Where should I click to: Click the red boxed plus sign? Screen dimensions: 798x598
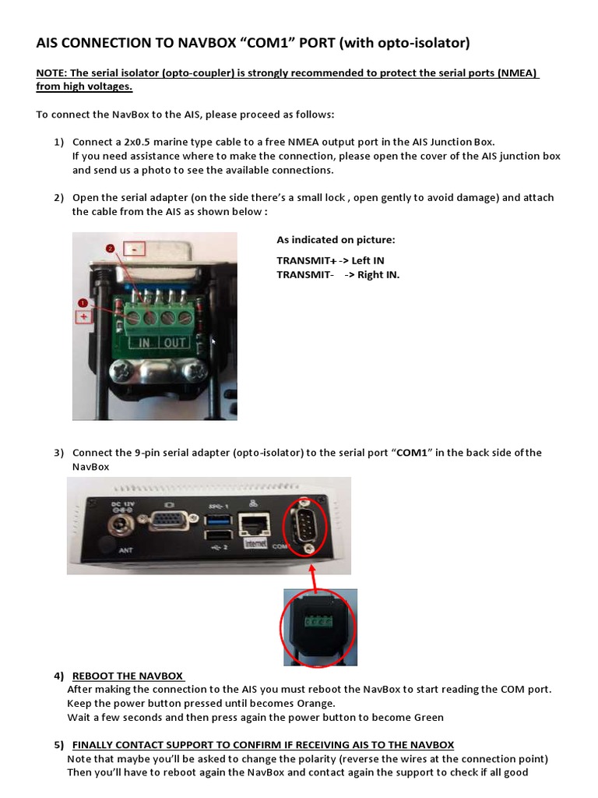[83, 317]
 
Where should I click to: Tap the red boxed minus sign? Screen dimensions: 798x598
[136, 250]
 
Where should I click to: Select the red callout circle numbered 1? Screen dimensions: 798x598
[83, 302]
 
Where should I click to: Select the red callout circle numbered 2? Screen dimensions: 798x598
[111, 248]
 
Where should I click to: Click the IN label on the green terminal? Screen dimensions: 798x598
[144, 343]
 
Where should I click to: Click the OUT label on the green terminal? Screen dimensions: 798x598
[174, 343]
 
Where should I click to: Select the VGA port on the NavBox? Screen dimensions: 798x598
[166, 521]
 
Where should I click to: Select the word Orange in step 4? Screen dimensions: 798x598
[295, 703]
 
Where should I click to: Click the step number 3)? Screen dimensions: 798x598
[59, 453]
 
